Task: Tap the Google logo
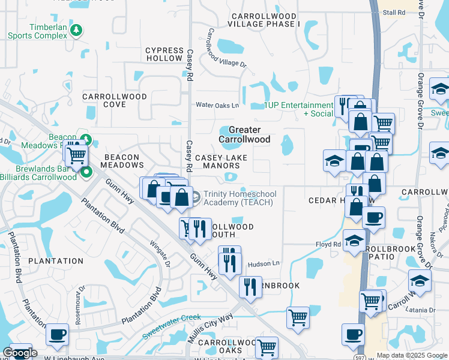pyautogui.click(x=20, y=353)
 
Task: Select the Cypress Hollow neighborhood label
pyautogui.click(x=164, y=55)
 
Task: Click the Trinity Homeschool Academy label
pyautogui.click(x=238, y=198)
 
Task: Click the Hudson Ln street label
pyautogui.click(x=264, y=263)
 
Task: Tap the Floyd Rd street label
pyautogui.click(x=328, y=244)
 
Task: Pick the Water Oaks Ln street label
pyautogui.click(x=218, y=105)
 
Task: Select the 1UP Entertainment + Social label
pyautogui.click(x=300, y=109)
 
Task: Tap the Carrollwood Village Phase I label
pyautogui.click(x=264, y=20)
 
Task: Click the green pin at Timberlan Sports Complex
pyautogui.click(x=76, y=29)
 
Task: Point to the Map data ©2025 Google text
pyautogui.click(x=412, y=355)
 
